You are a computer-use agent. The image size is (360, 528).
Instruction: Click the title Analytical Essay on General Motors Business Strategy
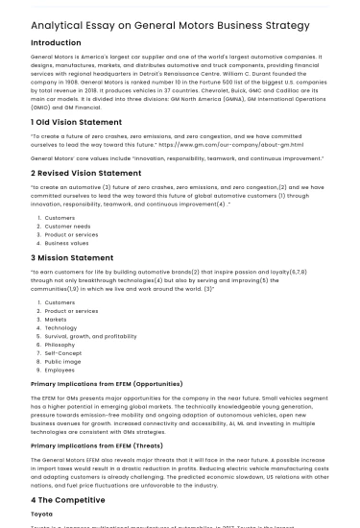(170, 25)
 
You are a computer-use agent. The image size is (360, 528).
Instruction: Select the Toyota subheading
(41, 515)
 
